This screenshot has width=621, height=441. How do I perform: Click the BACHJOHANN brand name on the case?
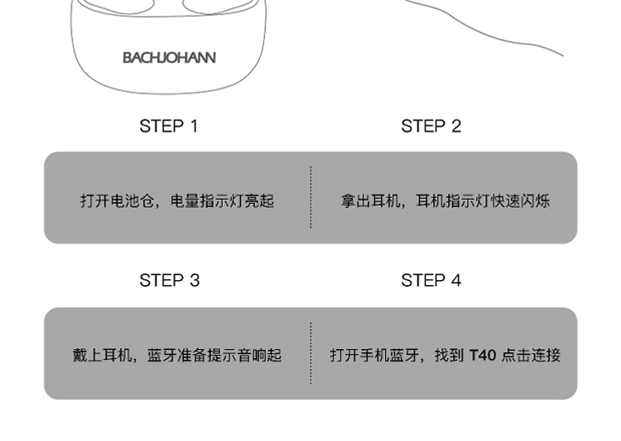pyautogui.click(x=169, y=58)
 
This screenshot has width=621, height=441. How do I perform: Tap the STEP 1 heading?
pyautogui.click(x=169, y=126)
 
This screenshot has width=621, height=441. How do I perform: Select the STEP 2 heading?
pyautogui.click(x=431, y=126)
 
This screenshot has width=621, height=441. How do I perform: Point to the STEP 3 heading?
pyautogui.click(x=169, y=280)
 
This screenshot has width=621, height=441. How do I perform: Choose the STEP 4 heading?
pyautogui.click(x=431, y=280)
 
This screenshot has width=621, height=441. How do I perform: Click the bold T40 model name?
pyautogui.click(x=483, y=356)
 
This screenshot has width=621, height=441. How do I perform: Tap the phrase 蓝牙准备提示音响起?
pyautogui.click(x=214, y=356)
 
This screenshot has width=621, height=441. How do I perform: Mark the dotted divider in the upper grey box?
pyautogui.click(x=311, y=197)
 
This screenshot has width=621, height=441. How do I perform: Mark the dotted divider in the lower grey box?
pyautogui.click(x=311, y=353)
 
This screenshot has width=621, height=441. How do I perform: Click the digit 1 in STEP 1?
pyautogui.click(x=194, y=126)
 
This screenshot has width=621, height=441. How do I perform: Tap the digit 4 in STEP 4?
pyautogui.click(x=455, y=280)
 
